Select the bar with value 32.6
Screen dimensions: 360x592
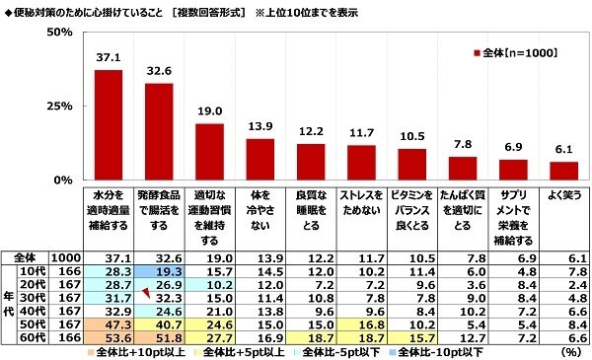click(161, 132)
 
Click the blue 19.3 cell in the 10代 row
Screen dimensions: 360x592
click(161, 270)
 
